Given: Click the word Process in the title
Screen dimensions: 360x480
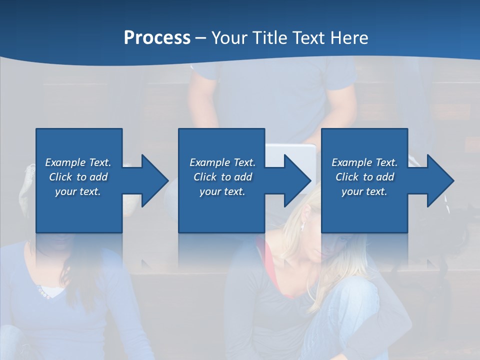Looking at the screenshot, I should coord(157,38).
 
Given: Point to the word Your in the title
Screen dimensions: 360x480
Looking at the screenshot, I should coord(230,38).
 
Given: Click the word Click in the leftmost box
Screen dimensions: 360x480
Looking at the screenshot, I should coord(60,177).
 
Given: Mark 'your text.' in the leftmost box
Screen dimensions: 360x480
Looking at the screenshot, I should coord(78,191).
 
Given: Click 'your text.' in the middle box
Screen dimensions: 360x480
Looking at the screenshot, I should coord(222,191).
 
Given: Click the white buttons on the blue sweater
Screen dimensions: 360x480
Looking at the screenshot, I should coord(43,292).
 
